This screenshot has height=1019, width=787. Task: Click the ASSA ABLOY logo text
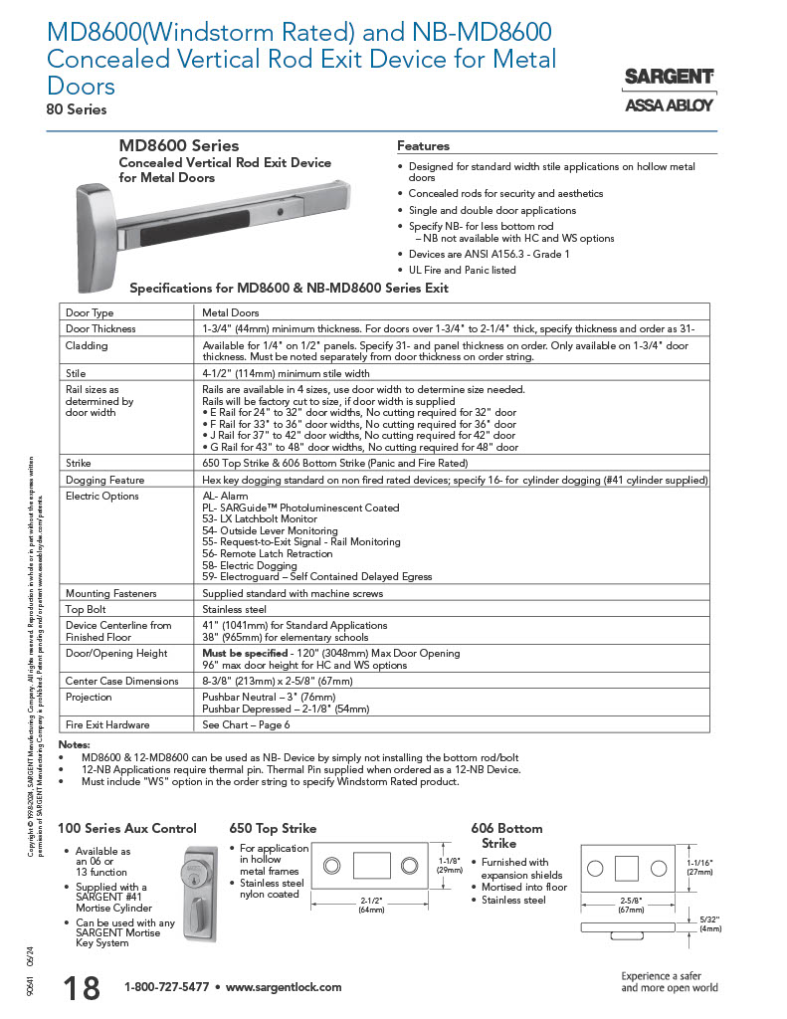coord(669,104)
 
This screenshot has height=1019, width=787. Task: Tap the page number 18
coord(81,988)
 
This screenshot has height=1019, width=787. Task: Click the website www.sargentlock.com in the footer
coord(284,987)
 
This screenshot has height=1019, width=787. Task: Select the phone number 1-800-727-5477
coord(166,987)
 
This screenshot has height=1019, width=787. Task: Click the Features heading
coord(423,146)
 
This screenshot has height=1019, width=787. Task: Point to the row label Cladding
coord(87,345)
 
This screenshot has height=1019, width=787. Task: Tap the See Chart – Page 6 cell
coord(246,724)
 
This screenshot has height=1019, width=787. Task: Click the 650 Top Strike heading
coord(273,828)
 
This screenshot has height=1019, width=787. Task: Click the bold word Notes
coord(75,744)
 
